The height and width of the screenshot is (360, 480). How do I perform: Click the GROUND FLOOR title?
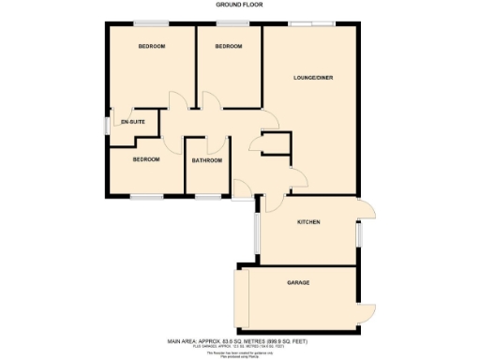point(239,5)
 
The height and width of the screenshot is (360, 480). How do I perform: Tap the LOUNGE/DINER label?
point(312,77)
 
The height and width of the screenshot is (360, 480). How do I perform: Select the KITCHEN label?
point(309,222)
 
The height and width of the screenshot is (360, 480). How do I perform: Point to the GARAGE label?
point(298,282)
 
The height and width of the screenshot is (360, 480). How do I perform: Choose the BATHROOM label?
point(207,160)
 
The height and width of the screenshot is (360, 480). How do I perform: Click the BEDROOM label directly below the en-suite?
point(145,159)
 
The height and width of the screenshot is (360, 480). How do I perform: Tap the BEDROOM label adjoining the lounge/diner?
point(229,47)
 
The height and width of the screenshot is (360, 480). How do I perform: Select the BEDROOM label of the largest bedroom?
point(151,47)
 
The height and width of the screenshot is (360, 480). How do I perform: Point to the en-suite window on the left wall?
point(105,126)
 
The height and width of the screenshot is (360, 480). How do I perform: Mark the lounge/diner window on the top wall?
point(312,23)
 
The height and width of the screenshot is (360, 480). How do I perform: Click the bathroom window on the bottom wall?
point(207,197)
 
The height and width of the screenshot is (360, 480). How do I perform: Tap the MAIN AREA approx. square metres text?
point(239,342)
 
